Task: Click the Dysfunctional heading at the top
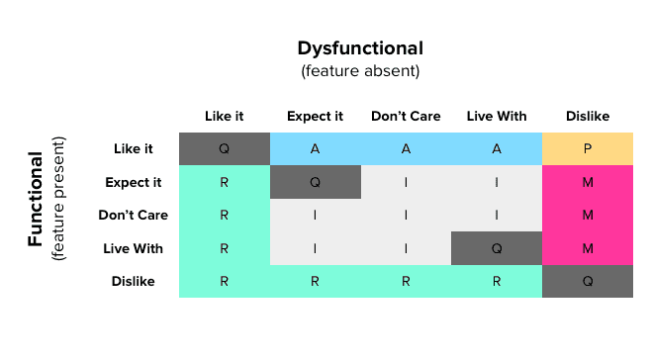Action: coord(360,48)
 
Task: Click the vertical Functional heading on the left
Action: coord(36,199)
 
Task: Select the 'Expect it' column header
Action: coord(315,117)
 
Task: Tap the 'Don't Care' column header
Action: coord(405,117)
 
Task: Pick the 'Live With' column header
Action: coord(496,117)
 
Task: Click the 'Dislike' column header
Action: coord(587,117)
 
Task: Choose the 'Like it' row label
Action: coord(134,149)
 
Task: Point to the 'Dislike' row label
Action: coord(134,281)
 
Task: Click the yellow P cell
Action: coord(587,149)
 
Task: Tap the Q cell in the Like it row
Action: coord(224,149)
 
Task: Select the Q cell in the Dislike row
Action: coord(587,281)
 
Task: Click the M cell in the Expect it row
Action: coord(587,182)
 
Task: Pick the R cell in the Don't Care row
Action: coord(224,215)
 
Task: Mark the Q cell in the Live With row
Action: coord(496,248)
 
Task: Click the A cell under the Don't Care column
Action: coord(405,149)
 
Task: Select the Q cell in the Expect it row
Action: coord(315,182)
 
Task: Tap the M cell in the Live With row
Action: coord(587,248)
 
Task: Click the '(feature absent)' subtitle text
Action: coord(360,71)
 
